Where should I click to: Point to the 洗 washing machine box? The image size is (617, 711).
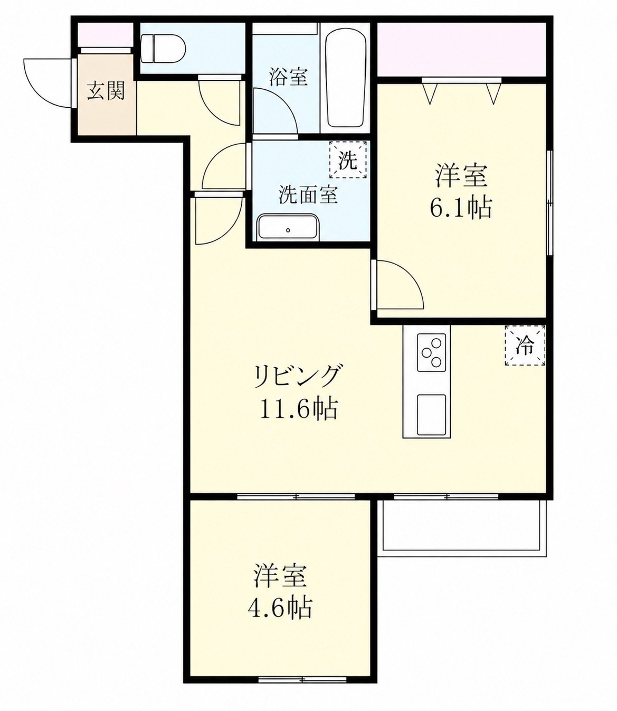click(348, 160)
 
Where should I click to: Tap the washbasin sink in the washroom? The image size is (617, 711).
click(288, 227)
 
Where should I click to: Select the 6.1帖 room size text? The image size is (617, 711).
click(460, 208)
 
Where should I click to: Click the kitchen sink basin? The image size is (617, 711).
click(431, 415)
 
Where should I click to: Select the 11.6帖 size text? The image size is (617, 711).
click(298, 409)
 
